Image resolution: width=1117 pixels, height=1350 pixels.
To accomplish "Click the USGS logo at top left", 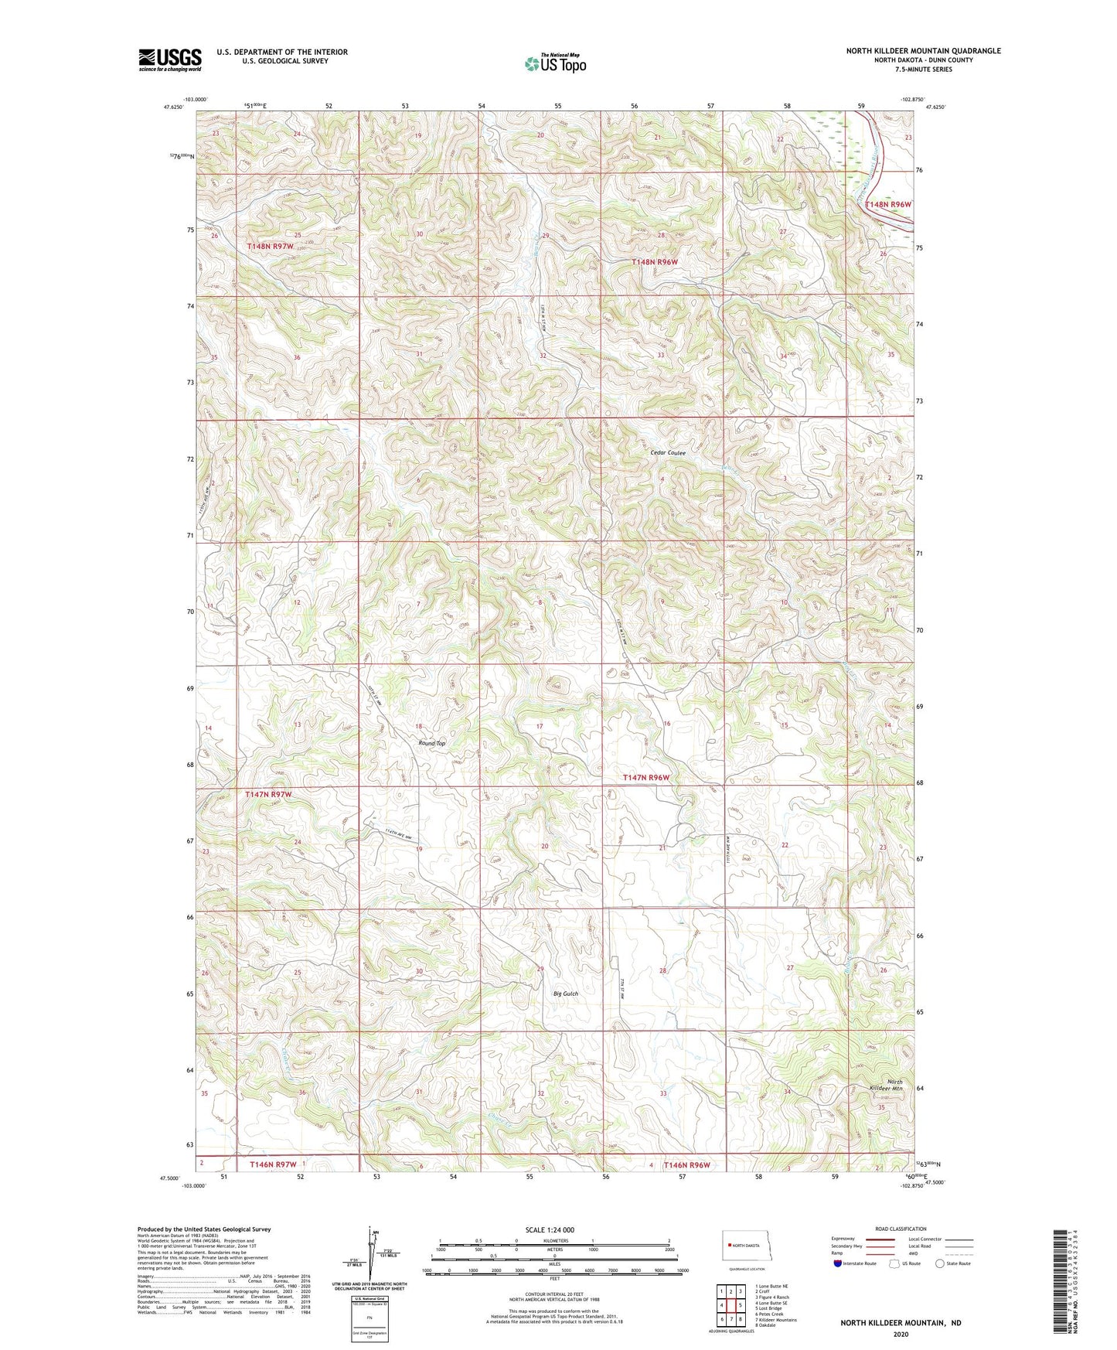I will [x=170, y=59].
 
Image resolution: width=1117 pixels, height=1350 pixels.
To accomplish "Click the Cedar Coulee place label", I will [x=668, y=452].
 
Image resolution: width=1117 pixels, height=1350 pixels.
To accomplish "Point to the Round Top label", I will [x=431, y=743].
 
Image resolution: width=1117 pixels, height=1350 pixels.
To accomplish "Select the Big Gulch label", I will [x=565, y=994].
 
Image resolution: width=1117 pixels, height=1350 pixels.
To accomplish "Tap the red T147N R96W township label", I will [x=646, y=777].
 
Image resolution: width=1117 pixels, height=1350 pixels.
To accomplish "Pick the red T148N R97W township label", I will [x=270, y=246].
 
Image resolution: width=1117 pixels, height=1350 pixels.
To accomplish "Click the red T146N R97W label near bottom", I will [x=273, y=1164].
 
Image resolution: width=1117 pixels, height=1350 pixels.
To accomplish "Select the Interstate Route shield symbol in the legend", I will [x=838, y=1263].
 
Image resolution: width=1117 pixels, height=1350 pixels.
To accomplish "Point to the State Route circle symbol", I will [x=940, y=1263].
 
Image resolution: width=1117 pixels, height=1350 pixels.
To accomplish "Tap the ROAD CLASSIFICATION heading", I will [x=901, y=1229].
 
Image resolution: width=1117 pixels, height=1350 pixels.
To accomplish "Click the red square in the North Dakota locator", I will [x=729, y=1246].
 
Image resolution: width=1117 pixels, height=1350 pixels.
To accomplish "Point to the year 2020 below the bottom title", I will [x=901, y=1334].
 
